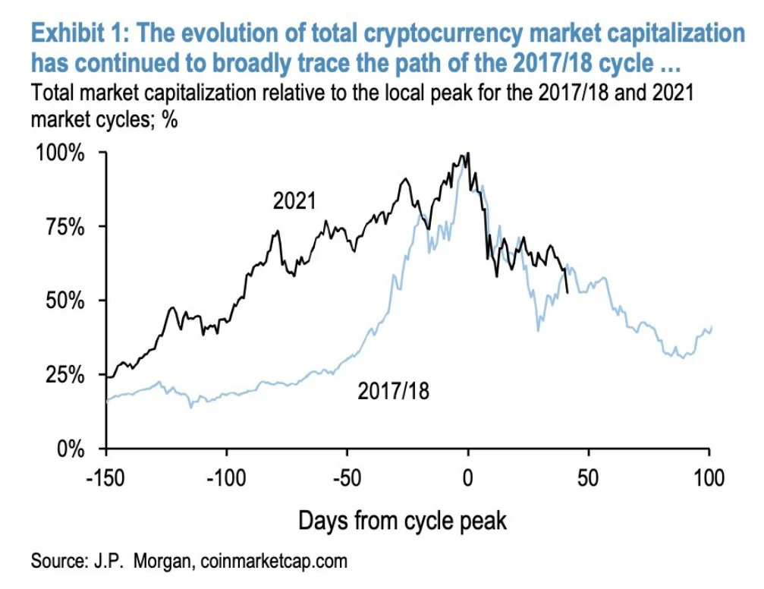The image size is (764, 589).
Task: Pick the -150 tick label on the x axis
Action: (x=106, y=479)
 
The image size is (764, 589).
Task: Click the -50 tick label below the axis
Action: (x=347, y=479)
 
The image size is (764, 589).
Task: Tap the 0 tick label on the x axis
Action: (x=468, y=479)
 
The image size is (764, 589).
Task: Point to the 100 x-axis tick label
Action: (x=709, y=479)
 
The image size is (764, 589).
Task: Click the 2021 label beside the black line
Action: (x=294, y=201)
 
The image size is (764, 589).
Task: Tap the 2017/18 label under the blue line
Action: (x=393, y=392)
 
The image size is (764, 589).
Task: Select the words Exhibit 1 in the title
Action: (x=83, y=34)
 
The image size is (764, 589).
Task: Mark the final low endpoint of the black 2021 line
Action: (x=567, y=292)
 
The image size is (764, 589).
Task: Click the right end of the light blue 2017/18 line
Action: (x=712, y=326)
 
